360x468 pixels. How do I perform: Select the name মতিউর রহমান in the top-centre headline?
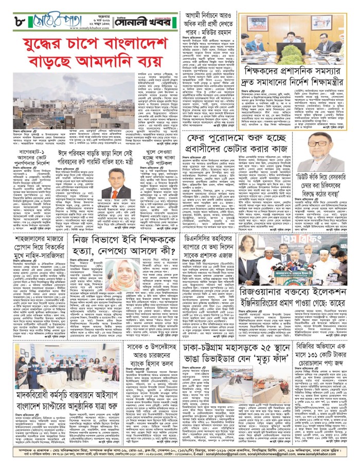point(212,38)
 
